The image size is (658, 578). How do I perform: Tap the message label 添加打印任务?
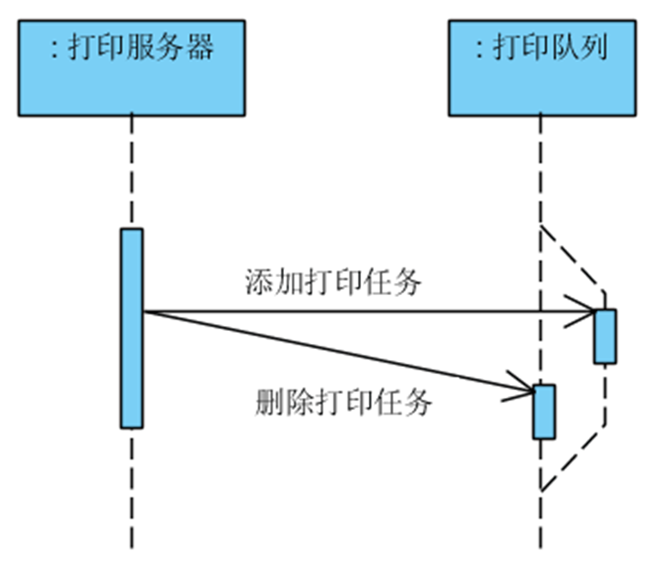tap(333, 281)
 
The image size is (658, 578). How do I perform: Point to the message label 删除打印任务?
tap(343, 401)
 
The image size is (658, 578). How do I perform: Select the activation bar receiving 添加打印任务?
tap(605, 336)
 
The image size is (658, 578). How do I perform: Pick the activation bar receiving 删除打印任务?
tap(544, 412)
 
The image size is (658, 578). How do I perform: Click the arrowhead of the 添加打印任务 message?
tap(587, 310)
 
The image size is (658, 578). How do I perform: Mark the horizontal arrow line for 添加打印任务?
tap(360, 311)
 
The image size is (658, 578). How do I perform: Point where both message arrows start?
tap(144, 311)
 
